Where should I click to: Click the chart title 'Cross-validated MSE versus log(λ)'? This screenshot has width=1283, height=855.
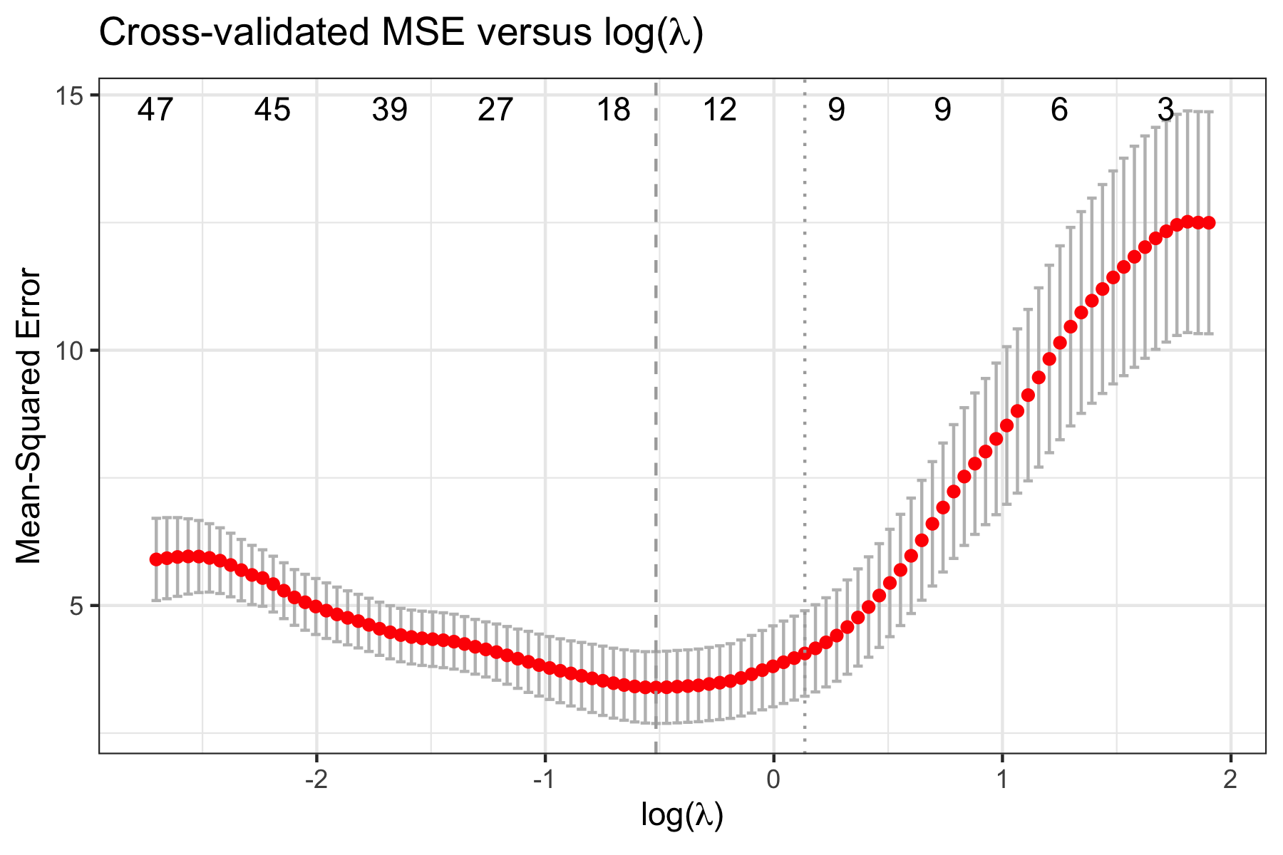(401, 33)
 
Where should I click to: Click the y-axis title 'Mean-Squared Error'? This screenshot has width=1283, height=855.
(29, 415)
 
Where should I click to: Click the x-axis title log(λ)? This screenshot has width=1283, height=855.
(682, 815)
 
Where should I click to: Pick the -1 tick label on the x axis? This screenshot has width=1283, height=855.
(545, 781)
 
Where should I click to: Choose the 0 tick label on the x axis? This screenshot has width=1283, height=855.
(773, 781)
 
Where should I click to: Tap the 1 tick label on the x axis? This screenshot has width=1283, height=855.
(1002, 781)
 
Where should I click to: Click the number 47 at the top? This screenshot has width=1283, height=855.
(156, 110)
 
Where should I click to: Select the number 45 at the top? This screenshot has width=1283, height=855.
(273, 110)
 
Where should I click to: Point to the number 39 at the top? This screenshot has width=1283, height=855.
(390, 110)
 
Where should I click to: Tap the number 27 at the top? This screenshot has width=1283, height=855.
(495, 110)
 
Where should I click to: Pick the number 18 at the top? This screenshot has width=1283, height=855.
(614, 110)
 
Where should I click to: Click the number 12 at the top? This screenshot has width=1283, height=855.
(720, 110)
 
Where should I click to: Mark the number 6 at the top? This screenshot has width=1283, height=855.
(1060, 110)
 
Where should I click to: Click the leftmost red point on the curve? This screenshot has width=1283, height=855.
(156, 559)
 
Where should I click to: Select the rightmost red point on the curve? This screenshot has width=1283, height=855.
(1209, 223)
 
